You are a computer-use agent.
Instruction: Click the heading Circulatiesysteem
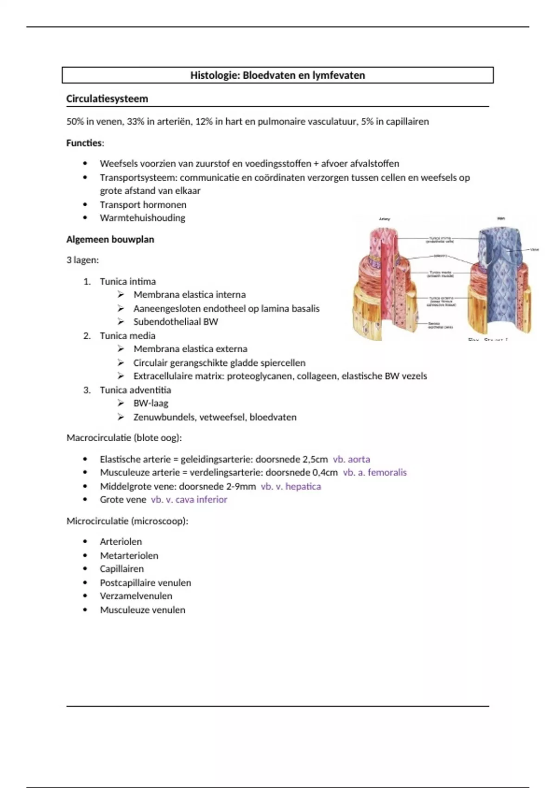click(107, 99)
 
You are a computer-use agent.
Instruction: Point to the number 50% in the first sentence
click(75, 121)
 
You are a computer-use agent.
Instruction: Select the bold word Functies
click(84, 143)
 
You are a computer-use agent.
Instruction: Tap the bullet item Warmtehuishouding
click(142, 218)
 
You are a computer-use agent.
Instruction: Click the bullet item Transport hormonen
click(143, 204)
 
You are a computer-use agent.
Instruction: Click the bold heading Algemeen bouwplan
click(110, 239)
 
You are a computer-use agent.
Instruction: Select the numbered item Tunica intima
click(127, 281)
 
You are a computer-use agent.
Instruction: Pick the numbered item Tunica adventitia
click(135, 390)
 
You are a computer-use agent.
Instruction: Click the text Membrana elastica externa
click(190, 349)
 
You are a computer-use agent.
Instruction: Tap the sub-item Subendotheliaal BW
click(175, 322)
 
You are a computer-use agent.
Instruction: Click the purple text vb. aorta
click(351, 459)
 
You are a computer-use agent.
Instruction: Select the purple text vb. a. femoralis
click(374, 472)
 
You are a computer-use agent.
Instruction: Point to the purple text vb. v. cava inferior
click(189, 499)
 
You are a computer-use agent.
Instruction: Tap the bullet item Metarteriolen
click(129, 555)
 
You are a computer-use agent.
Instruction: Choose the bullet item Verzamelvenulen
click(136, 596)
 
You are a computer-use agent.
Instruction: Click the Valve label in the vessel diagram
click(534, 250)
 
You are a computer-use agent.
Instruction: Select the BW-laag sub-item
click(151, 403)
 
